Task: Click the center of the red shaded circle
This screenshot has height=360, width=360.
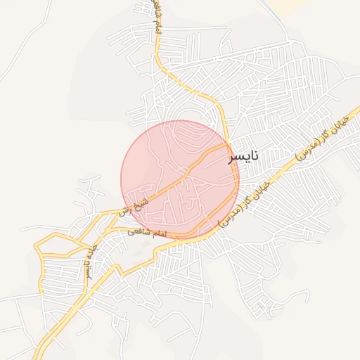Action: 180,180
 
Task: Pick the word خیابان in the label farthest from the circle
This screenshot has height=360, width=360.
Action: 340,124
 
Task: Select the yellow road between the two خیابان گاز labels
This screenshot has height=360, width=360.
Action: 281,171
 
